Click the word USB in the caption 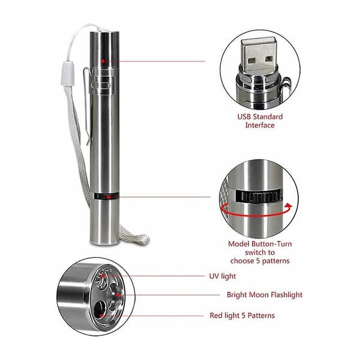[x=245, y=116]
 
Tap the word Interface [x=260, y=125]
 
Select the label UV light [x=223, y=276]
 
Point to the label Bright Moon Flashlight [x=265, y=295]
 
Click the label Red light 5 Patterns [x=242, y=316]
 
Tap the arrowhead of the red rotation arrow [x=289, y=206]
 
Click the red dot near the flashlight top [x=103, y=61]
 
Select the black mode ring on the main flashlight [x=106, y=196]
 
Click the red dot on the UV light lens [x=103, y=275]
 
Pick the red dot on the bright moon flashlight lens [x=118, y=295]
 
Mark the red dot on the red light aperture [x=101, y=316]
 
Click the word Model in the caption [x=239, y=244]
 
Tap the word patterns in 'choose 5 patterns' [x=276, y=261]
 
